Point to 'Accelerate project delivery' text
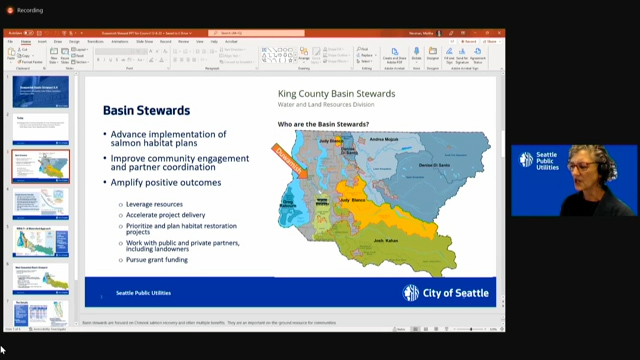pos(171,215)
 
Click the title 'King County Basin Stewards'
pos(335,94)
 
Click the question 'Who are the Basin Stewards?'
pos(323,124)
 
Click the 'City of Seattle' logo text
pos(454,293)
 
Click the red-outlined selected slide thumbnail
pos(41,167)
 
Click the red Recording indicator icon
pos(8,9)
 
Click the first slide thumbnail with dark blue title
pos(41,93)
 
